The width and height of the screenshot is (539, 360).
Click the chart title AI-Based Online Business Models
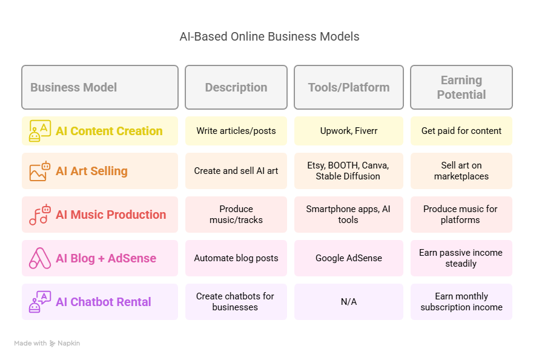tap(269, 36)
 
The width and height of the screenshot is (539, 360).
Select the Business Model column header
tap(100, 87)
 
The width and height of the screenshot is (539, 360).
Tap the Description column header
tap(236, 87)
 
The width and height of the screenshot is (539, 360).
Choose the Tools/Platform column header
tap(349, 87)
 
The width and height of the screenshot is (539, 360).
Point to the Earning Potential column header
tap(461, 87)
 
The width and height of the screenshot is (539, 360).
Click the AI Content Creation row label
tap(109, 131)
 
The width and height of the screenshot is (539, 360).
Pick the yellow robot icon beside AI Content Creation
tap(40, 131)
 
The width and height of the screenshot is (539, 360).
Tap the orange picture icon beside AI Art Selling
tap(40, 171)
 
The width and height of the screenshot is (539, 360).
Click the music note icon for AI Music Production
tap(40, 215)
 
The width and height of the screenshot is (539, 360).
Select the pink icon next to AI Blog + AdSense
tap(40, 258)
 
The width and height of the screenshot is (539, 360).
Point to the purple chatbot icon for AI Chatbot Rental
tap(40, 302)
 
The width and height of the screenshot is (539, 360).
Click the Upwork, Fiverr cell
tap(349, 131)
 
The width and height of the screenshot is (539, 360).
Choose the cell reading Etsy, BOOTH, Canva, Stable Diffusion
tap(349, 171)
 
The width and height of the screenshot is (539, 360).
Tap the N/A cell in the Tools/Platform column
tap(349, 302)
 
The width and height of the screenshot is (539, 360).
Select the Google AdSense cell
tap(349, 258)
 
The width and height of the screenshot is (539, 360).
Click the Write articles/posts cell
tap(236, 131)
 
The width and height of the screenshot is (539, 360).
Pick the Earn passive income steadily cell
tap(461, 258)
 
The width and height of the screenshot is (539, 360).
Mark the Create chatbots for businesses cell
tap(236, 302)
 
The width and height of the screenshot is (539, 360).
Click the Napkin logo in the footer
tap(52, 344)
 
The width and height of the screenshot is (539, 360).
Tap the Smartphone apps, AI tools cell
tap(349, 215)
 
